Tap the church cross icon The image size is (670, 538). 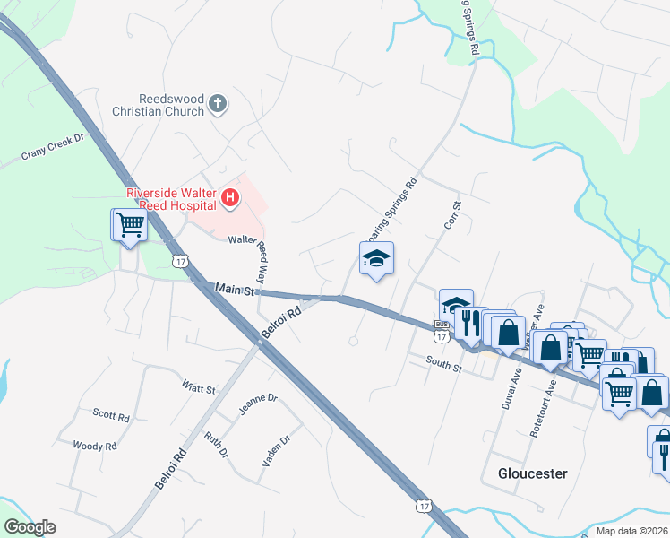217,106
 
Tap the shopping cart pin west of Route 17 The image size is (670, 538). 130,225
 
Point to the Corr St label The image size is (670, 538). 453,214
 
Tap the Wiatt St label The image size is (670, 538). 199,388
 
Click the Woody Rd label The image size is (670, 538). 95,446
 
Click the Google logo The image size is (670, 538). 30,527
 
